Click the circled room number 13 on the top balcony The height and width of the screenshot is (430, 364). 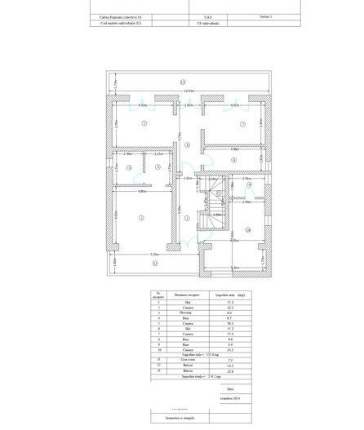[x=183, y=82]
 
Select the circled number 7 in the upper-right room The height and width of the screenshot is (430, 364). [x=242, y=124]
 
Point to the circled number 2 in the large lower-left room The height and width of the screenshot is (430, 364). [x=141, y=218]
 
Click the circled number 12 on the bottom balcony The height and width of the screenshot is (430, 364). [x=155, y=264]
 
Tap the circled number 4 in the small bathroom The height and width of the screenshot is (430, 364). [x=129, y=168]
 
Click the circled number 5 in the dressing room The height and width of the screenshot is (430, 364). [x=158, y=168]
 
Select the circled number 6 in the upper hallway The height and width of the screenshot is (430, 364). [x=188, y=145]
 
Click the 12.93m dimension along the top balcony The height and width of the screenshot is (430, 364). [x=188, y=91]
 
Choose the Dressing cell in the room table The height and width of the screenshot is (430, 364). [x=183, y=313]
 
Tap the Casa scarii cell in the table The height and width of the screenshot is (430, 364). [x=183, y=360]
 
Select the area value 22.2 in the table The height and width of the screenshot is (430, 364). [x=230, y=308]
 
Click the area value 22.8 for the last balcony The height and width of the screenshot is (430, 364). [x=230, y=371]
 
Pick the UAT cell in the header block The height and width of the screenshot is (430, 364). [x=207, y=16]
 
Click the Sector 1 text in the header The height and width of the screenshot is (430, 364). [x=266, y=16]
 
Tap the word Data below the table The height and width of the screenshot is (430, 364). [x=231, y=388]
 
